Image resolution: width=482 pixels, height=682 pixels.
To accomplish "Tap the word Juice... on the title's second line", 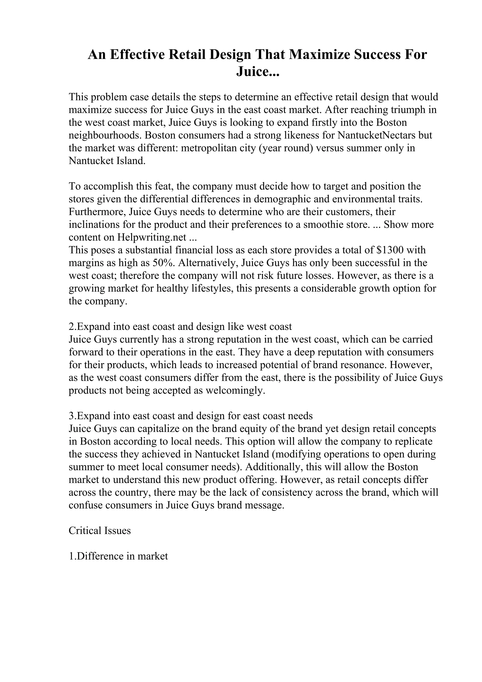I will [258, 72].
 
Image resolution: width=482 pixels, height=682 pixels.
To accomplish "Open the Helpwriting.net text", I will [152, 237].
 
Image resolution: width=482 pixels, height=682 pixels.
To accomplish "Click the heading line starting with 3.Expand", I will [191, 416].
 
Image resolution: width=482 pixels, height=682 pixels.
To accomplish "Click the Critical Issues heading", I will [100, 530].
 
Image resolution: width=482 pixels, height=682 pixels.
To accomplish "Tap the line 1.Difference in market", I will [118, 556].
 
